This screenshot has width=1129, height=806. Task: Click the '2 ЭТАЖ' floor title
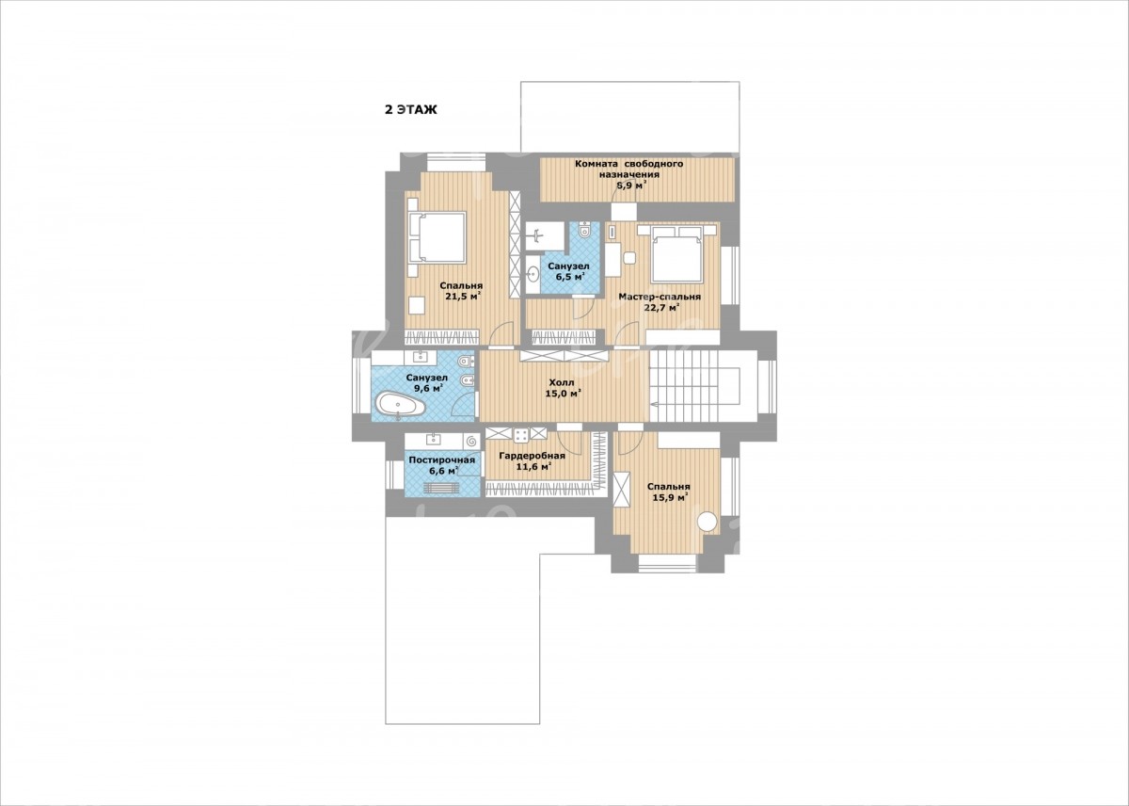(411, 110)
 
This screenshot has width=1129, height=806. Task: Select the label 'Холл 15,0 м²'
(564, 388)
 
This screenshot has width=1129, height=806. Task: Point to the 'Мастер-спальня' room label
(660, 297)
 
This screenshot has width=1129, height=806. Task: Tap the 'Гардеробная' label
(532, 456)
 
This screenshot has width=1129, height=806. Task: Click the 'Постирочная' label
(442, 460)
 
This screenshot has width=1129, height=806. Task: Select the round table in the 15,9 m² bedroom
(708, 521)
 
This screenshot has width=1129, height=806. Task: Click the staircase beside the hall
(694, 386)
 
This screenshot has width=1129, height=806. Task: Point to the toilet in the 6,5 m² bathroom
(584, 230)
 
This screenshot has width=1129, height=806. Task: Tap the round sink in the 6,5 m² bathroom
(533, 274)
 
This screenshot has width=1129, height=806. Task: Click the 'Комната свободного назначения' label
(629, 169)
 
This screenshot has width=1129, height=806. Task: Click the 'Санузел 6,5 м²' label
(568, 271)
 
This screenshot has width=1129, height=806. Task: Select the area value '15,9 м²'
(669, 498)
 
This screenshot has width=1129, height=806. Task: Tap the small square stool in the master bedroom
(629, 258)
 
